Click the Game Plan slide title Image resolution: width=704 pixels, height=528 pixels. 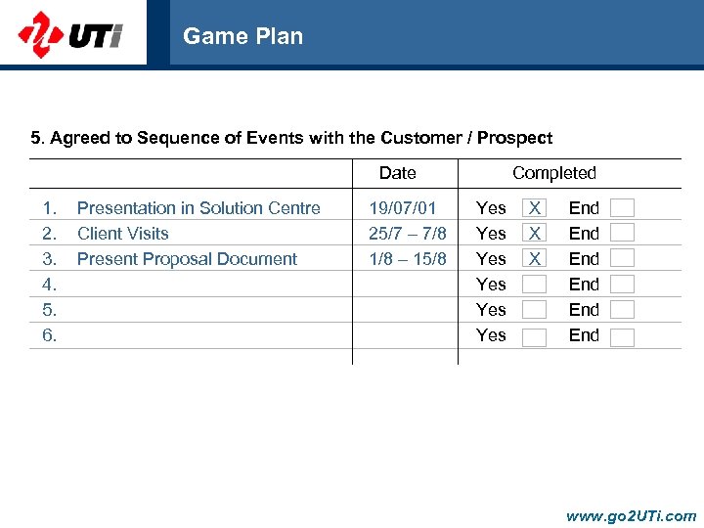[242, 36]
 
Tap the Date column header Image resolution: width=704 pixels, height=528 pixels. [397, 173]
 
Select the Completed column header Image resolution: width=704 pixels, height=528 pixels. [553, 173]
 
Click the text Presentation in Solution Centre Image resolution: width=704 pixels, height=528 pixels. [198, 208]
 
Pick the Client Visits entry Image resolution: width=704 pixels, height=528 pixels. [122, 234]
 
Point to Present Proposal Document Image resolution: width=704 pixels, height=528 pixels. [187, 259]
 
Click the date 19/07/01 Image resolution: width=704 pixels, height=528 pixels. [402, 208]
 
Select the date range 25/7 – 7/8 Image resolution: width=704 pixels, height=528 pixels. [407, 234]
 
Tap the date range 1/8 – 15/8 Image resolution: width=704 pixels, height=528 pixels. [407, 259]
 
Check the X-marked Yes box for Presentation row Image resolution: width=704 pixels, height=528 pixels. [534, 208]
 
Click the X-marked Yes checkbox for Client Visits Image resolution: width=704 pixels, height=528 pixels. [534, 234]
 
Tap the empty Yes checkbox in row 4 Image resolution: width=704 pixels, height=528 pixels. [534, 285]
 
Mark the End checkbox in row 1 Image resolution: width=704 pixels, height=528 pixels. [622, 208]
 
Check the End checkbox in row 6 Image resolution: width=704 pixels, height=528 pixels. [622, 337]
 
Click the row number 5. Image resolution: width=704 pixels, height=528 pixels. [49, 310]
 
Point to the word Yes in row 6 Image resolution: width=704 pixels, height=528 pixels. [491, 335]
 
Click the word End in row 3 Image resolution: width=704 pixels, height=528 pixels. [584, 259]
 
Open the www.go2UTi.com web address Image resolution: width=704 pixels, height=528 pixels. [631, 515]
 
